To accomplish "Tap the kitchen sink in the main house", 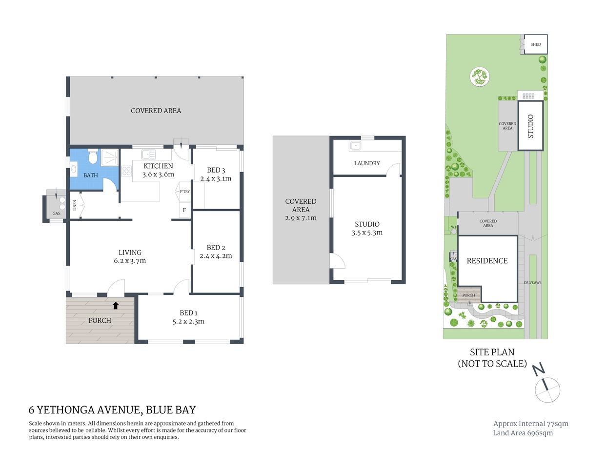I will point(148,155).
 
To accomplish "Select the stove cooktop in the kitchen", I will point(126,171).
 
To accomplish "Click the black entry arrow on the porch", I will point(116,306).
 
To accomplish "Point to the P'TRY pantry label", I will point(184,192).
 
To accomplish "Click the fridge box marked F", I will point(184,211).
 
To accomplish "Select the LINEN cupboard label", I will point(75,205).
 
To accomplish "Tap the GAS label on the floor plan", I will point(57,214).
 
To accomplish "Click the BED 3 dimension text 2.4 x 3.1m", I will point(216,178).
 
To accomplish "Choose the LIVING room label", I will point(130,253).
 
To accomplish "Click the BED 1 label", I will point(188,313).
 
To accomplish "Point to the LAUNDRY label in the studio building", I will point(367,163).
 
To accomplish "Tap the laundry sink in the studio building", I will point(355,146).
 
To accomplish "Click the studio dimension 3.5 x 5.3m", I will point(367,233).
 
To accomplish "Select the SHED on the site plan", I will point(535,44).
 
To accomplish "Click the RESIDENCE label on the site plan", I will point(487,261).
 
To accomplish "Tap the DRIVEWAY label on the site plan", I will point(532,283).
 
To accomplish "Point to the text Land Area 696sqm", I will point(523,433).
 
